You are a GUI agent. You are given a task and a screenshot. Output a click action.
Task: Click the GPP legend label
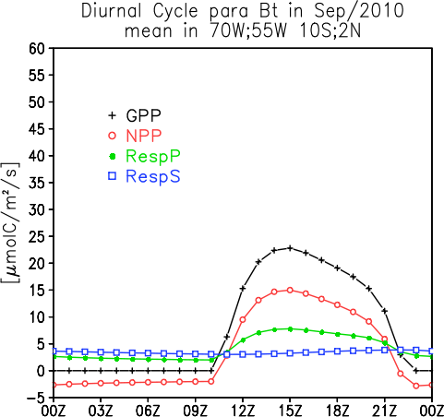[143, 115]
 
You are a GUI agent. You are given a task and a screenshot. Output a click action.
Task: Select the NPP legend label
[144, 136]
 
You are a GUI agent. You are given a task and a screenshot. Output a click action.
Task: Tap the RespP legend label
[153, 157]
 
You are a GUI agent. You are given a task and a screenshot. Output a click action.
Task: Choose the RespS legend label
[153, 176]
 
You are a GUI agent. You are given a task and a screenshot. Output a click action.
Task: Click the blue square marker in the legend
[113, 176]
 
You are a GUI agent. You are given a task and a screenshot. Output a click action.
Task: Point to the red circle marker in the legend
[113, 136]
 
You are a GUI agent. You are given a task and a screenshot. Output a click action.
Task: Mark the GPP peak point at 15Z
[290, 248]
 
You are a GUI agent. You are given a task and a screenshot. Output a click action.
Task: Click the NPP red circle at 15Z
[290, 290]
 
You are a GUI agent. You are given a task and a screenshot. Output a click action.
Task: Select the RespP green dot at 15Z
[290, 329]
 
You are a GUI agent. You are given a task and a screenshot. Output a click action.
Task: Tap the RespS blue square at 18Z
[337, 351]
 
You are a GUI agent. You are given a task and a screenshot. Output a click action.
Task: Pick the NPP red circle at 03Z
[101, 383]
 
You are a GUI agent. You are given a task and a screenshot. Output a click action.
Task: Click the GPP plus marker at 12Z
[243, 288]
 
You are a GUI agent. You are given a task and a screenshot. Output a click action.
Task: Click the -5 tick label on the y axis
[36, 398]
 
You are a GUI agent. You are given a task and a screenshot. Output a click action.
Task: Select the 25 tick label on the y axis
[37, 236]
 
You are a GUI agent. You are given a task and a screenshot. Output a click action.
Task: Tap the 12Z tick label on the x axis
[243, 411]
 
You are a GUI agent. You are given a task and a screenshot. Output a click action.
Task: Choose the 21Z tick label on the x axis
[384, 411]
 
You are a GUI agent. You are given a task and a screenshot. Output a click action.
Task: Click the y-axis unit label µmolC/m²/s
[11, 222]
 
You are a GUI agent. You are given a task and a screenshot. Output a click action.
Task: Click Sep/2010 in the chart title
[358, 12]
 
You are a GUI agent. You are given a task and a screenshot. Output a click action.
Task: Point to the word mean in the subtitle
[148, 31]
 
